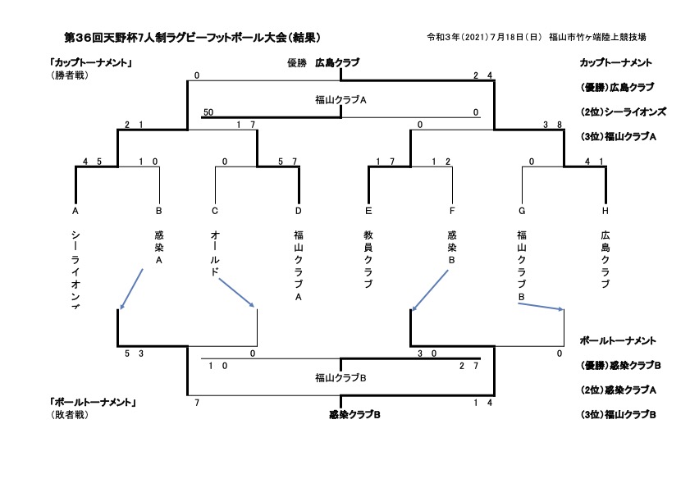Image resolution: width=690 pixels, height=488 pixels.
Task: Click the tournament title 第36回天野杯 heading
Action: pyautogui.click(x=192, y=37)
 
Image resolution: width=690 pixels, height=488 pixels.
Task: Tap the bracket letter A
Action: pyautogui.click(x=75, y=211)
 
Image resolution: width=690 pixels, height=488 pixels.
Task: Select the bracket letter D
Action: pyautogui.click(x=299, y=211)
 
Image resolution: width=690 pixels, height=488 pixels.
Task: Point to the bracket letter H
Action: pyautogui.click(x=605, y=211)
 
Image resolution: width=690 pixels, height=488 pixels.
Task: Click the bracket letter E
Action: pyautogui.click(x=369, y=211)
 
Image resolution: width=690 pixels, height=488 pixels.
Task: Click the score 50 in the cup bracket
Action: pyautogui.click(x=208, y=112)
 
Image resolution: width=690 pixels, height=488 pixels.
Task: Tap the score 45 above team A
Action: pyautogui.click(x=91, y=162)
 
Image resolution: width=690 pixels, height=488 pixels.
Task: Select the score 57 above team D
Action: pyautogui.click(x=287, y=162)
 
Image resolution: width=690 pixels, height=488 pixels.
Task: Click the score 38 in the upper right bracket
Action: pyautogui.click(x=552, y=125)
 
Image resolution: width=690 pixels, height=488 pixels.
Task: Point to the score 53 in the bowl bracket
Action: pyautogui.click(x=135, y=353)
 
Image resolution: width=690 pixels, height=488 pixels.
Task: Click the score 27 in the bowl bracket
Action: pyautogui.click(x=469, y=366)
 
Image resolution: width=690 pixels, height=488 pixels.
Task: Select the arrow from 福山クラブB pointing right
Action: pyautogui.click(x=541, y=307)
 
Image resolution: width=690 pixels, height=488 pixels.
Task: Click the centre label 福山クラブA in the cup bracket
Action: pyautogui.click(x=340, y=100)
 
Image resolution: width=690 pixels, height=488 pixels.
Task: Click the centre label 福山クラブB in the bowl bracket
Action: pyautogui.click(x=340, y=378)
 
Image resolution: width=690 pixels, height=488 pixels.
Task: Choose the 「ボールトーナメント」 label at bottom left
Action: pyautogui.click(x=92, y=403)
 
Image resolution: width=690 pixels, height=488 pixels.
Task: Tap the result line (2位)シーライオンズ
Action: pyautogui.click(x=622, y=112)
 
